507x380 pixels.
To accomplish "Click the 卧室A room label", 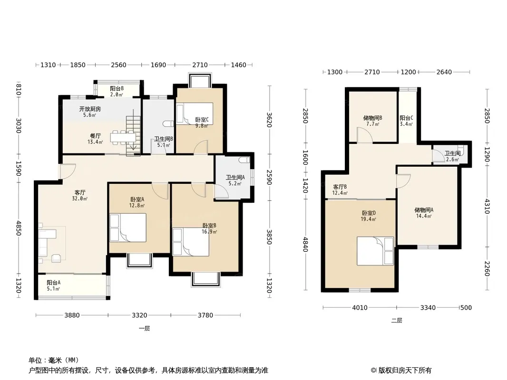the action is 137,199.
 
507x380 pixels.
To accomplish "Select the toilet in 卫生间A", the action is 244,160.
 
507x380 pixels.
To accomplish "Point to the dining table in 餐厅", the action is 123,137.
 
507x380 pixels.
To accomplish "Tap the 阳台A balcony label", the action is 53,282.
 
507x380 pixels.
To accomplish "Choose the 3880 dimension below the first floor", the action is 72,315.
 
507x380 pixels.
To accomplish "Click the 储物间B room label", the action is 372,118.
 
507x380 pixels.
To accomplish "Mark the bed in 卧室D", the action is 375,251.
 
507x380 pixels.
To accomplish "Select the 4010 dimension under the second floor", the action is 360,308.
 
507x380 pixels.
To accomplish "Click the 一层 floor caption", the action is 144,329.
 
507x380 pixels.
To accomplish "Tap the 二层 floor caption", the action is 397,321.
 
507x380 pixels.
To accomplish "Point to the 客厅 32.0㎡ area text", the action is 80,199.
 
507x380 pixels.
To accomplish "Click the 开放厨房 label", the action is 90,109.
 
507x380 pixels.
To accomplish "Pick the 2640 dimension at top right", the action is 444,72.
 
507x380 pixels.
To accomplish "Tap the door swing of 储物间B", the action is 364,134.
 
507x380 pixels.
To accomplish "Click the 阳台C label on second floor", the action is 406,118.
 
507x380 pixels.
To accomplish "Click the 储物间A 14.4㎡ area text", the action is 424,216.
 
